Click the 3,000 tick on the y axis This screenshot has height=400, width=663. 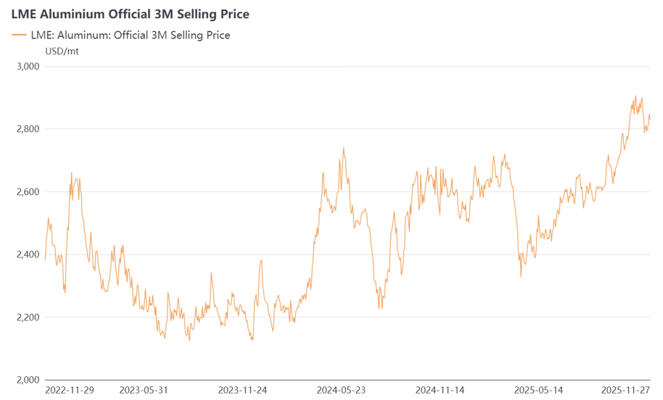click(x=28, y=67)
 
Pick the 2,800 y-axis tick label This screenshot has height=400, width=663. click(x=28, y=129)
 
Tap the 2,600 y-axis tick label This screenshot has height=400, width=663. click(x=28, y=192)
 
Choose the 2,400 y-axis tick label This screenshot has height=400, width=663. click(x=28, y=254)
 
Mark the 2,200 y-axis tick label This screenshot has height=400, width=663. click(x=28, y=317)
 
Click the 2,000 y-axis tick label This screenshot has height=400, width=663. click(x=28, y=380)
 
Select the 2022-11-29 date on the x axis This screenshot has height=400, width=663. click(x=70, y=390)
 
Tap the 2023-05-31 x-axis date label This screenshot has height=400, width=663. click(x=144, y=390)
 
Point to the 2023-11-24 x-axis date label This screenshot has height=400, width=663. click(x=242, y=390)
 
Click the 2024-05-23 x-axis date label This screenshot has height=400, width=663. click(x=341, y=390)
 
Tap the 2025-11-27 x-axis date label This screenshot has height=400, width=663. click(x=625, y=390)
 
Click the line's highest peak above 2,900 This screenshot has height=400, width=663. click(x=635, y=96)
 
